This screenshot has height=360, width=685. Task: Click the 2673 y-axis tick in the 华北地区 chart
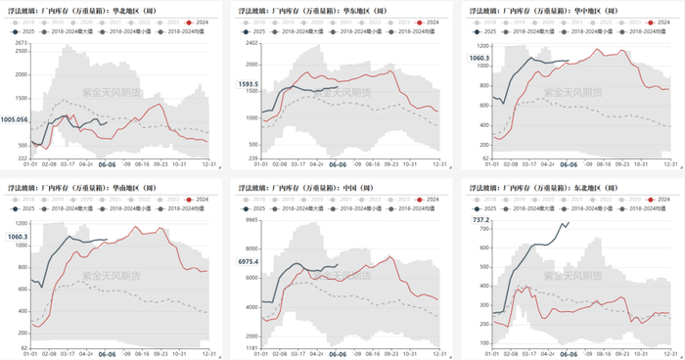click(22, 44)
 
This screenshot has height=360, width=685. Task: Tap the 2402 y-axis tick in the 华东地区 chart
click(251, 44)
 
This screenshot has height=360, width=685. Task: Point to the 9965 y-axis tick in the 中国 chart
click(251, 221)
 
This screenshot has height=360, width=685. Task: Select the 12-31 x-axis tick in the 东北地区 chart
click(670, 354)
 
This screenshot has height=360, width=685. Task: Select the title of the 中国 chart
click(298, 188)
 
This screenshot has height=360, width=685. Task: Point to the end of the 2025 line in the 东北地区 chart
click(569, 223)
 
